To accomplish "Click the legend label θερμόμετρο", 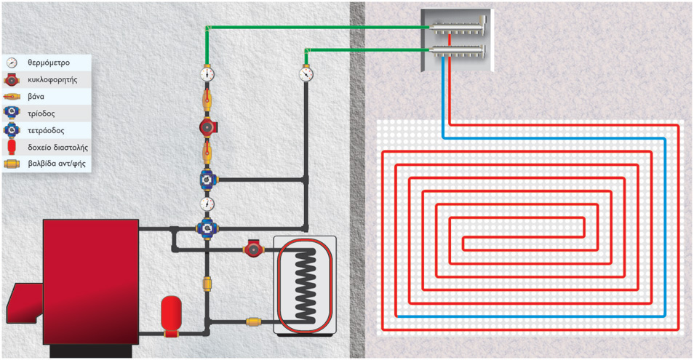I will pyautogui.click(x=49, y=63).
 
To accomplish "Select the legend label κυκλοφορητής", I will pyautogui.click(x=52, y=80).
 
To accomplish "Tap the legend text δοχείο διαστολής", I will pyautogui.click(x=57, y=147).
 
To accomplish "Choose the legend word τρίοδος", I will pyautogui.click(x=41, y=113).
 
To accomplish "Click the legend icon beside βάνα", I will pyautogui.click(x=12, y=97).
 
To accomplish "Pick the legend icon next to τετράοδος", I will pyautogui.click(x=12, y=130).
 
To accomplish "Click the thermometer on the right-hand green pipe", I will pyautogui.click(x=306, y=73).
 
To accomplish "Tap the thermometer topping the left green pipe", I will pyautogui.click(x=207, y=73).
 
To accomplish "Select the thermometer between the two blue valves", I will pyautogui.click(x=207, y=204).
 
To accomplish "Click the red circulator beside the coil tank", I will pyautogui.click(x=252, y=249).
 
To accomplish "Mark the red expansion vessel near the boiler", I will pyautogui.click(x=171, y=313).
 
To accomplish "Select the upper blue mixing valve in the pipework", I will pyautogui.click(x=207, y=178).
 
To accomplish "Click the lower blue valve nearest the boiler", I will pyautogui.click(x=206, y=227).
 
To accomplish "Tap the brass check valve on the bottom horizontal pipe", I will pyautogui.click(x=254, y=321).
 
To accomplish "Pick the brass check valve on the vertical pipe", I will pyautogui.click(x=207, y=282).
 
